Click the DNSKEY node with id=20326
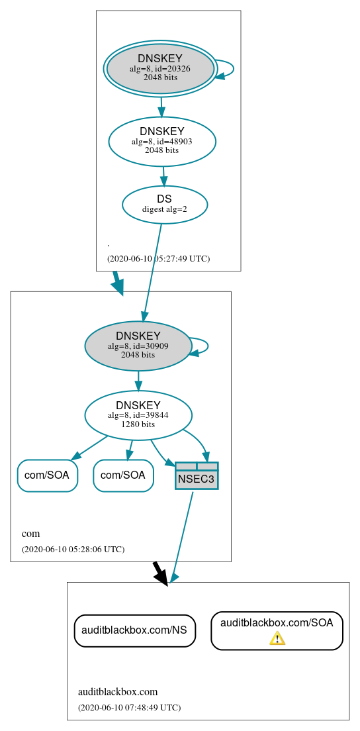[160, 68]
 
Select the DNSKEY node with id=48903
[162, 141]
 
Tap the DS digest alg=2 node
[165, 205]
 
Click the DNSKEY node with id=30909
[138, 346]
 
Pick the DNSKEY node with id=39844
[138, 415]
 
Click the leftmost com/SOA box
[48, 475]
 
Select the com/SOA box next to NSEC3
[124, 475]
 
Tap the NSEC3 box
[197, 476]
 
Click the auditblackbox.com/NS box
[134, 631]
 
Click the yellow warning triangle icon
[277, 638]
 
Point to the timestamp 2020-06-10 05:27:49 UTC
[158, 259]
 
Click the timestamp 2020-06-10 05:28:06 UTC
[73, 550]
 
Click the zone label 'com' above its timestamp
[31, 534]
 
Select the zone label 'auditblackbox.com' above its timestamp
[118, 692]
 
